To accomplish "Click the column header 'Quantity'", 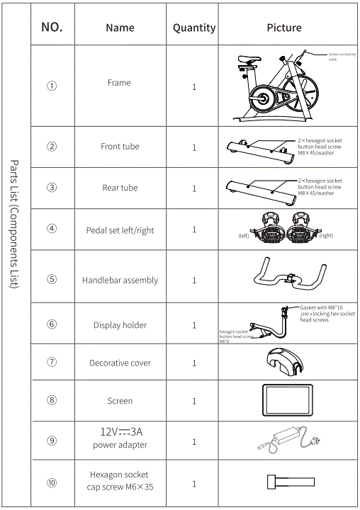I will click(x=194, y=28).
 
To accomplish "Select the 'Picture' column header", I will click(x=283, y=28).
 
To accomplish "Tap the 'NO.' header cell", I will click(x=52, y=28).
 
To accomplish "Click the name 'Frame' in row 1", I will click(x=119, y=83).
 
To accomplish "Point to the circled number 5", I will click(x=52, y=279).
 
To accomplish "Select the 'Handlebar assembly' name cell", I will click(x=120, y=280).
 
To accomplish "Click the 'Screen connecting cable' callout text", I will click(x=342, y=56).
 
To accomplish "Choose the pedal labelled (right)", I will click(x=303, y=226).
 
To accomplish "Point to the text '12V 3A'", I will click(x=120, y=431).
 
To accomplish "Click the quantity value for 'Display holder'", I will click(x=194, y=325).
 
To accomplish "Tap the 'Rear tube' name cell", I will click(x=120, y=188).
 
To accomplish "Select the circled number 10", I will click(x=52, y=484).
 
